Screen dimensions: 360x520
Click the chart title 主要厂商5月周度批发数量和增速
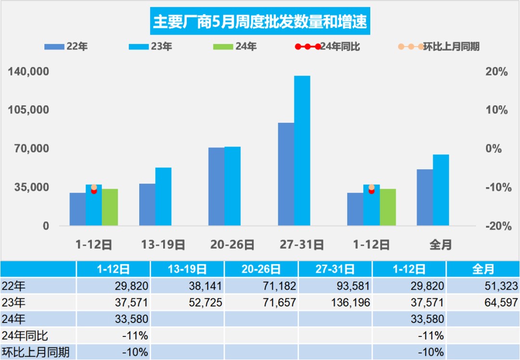[260, 22]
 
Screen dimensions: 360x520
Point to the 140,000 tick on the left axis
[29, 72]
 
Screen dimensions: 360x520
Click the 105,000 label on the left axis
[29, 110]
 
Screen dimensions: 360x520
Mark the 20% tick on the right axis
[496, 72]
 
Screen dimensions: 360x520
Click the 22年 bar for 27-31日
[286, 174]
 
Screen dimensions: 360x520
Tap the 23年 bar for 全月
[441, 190]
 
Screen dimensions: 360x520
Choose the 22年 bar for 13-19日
[147, 204]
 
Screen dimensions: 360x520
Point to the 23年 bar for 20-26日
[233, 186]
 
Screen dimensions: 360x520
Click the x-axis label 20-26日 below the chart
[233, 245]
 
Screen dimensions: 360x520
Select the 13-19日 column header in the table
[187, 269]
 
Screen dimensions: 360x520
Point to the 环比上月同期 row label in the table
[36, 352]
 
